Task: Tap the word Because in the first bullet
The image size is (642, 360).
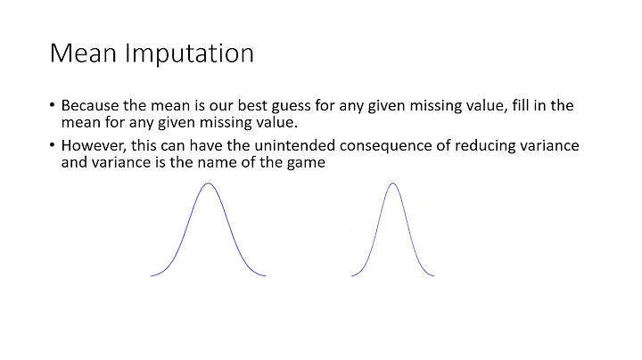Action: [x=91, y=105]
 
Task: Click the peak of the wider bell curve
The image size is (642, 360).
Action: [x=209, y=184]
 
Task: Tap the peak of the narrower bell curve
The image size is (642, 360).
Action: [x=392, y=184]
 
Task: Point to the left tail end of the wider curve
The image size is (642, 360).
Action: [x=152, y=275]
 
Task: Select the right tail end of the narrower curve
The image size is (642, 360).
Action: [x=433, y=275]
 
